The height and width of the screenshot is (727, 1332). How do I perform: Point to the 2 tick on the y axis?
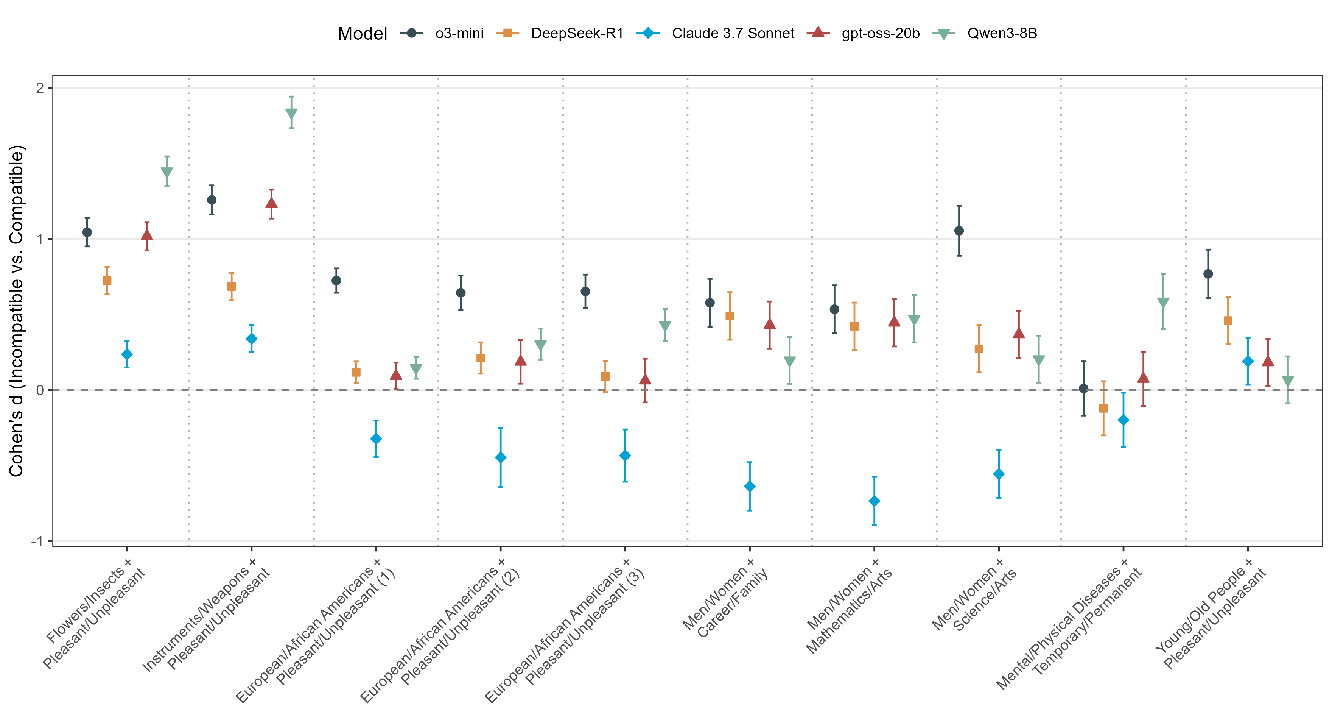click(x=40, y=88)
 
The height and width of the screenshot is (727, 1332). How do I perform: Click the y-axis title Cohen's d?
click(x=17, y=310)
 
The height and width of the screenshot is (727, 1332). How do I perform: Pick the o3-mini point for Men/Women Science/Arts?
click(x=959, y=231)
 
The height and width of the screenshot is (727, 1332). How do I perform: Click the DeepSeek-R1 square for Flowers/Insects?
click(x=107, y=281)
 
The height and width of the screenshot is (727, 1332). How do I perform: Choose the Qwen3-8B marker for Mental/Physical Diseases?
click(x=1164, y=303)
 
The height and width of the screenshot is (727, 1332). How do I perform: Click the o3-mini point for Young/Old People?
click(x=1208, y=274)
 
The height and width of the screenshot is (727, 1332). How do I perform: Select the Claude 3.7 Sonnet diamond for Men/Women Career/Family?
click(x=750, y=487)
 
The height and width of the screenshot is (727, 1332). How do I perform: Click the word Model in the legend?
click(x=362, y=34)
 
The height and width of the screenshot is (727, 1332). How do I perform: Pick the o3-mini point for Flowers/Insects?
click(x=87, y=232)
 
